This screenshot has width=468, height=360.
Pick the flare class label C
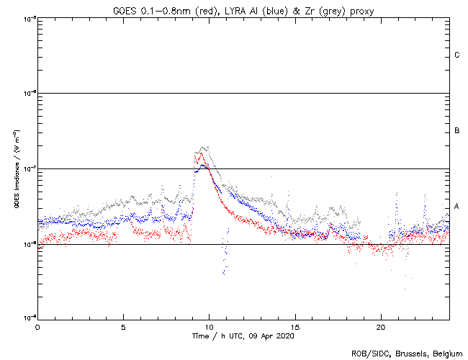[456, 55]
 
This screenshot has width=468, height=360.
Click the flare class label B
[456, 131]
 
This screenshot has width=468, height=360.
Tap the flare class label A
[456, 207]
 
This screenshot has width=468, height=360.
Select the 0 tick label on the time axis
[37, 326]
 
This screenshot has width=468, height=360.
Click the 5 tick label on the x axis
[123, 326]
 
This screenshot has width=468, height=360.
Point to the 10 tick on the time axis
[209, 326]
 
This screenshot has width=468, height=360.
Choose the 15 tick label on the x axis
[295, 326]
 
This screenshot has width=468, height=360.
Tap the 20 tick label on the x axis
[381, 326]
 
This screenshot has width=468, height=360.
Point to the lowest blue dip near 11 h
[224, 272]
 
